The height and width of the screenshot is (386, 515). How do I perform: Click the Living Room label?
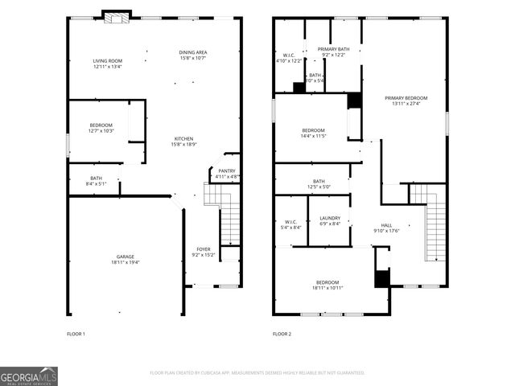[107, 64]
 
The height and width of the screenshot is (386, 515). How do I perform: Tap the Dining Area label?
[192, 55]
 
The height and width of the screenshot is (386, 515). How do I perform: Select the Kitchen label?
[183, 141]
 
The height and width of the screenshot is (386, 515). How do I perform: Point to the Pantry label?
[227, 174]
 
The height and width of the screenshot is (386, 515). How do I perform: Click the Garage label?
[125, 259]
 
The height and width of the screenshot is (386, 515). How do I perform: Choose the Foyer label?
[204, 252]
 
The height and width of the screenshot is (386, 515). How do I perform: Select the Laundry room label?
[330, 220]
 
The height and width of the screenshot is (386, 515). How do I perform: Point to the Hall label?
[386, 228]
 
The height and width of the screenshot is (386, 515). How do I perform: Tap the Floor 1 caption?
[76, 334]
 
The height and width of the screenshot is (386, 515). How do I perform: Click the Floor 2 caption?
[282, 334]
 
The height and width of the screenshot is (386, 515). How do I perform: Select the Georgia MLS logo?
[29, 376]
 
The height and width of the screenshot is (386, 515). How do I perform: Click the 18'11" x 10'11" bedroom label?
[327, 285]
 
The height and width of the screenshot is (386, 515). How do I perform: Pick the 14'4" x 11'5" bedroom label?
[313, 133]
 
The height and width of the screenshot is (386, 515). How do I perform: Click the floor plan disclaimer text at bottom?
[257, 373]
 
